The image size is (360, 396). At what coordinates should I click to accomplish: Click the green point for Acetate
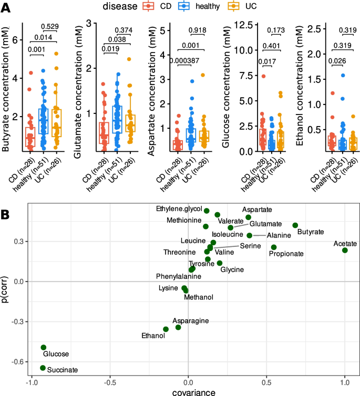pos(345,250)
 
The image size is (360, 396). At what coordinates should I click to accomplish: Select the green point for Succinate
pos(43,368)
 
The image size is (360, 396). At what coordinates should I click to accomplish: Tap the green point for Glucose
pos(44,347)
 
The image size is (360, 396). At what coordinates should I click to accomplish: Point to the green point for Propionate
pos(274,247)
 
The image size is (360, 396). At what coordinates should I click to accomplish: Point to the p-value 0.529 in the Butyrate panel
pos(50,27)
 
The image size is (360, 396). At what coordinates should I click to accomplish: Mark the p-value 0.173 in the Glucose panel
pos(277,30)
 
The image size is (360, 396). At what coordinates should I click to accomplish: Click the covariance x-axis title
pos(188,391)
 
